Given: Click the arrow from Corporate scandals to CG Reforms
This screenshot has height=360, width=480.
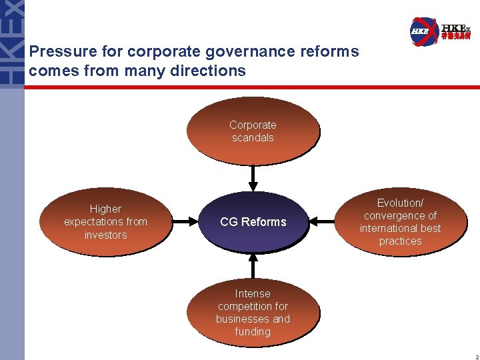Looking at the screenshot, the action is [x=253, y=177].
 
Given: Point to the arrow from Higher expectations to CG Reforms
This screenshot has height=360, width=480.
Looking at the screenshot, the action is [x=186, y=221].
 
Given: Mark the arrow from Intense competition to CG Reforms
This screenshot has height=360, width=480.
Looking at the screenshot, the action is [x=253, y=265].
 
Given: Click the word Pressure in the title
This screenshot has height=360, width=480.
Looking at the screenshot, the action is [x=57, y=51].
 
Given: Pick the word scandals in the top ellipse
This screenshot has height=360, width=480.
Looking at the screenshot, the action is [x=253, y=138].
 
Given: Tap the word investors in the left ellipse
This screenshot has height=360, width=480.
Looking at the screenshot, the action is [x=105, y=235].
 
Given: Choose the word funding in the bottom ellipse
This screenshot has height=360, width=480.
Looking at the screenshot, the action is [x=253, y=331].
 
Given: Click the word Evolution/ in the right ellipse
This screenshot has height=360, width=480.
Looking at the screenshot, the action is [x=400, y=203].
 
